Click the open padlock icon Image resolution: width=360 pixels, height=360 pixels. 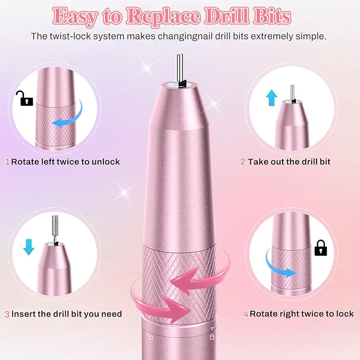point(23,98)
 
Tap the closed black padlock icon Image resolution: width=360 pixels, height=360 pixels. point(320,248)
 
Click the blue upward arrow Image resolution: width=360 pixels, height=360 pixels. point(272,98)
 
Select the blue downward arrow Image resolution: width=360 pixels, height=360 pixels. point(29,247)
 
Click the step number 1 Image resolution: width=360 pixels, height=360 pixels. point(7,161)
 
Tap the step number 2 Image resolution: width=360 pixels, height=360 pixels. point(243,161)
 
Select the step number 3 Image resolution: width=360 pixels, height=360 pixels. point(7,314)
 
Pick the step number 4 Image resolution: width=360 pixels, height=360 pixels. point(246,314)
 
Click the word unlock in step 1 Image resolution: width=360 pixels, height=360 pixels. point(106,161)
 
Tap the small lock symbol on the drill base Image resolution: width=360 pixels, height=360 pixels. point(212,337)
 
